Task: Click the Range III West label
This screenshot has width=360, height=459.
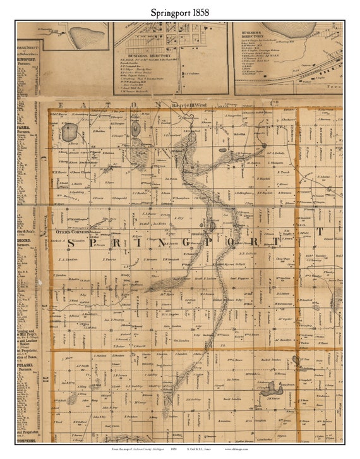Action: point(189,106)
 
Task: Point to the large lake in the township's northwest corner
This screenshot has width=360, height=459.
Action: point(69,132)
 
